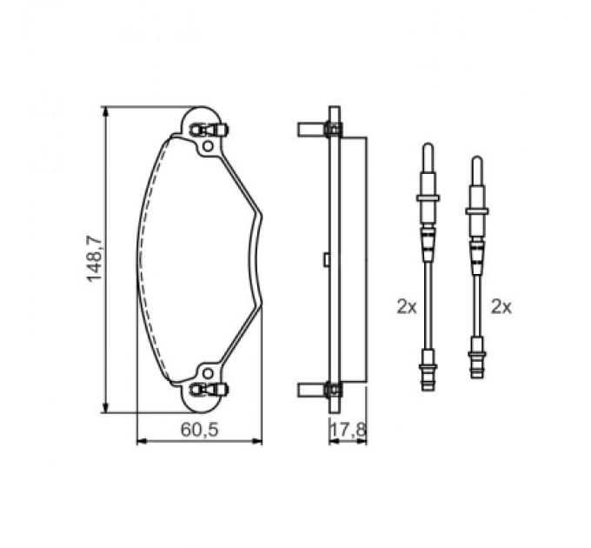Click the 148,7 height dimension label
[94, 258]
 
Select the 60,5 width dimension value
[199, 430]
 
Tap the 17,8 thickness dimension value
[349, 430]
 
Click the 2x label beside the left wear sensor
[407, 307]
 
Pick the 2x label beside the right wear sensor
[501, 307]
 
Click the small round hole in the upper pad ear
[208, 145]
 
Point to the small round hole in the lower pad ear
[208, 374]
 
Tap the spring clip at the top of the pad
[209, 130]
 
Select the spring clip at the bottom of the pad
[209, 389]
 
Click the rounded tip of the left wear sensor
[428, 145]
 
